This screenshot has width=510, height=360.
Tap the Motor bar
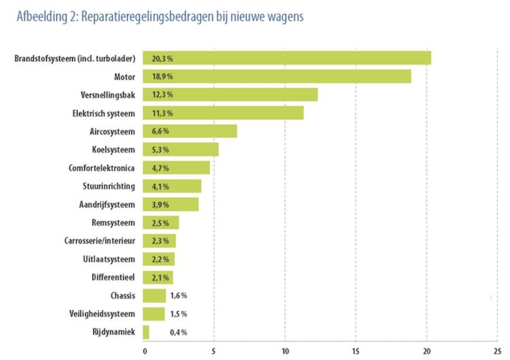[277, 76]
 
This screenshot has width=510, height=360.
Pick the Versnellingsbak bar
[231, 95]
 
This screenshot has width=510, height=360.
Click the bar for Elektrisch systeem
[224, 113]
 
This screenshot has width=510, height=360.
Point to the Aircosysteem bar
[190, 131]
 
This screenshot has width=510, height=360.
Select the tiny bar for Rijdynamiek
[146, 332]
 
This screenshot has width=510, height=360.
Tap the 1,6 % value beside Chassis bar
[178, 295]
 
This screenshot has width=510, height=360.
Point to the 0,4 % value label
[178, 332]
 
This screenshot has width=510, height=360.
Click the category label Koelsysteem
[113, 150]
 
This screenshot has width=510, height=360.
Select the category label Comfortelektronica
[101, 167]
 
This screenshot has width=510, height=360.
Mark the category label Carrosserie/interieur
[99, 241]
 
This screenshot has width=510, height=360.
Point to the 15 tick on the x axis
[356, 351]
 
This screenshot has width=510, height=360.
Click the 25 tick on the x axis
[496, 351]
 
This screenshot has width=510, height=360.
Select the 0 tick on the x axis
[144, 351]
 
